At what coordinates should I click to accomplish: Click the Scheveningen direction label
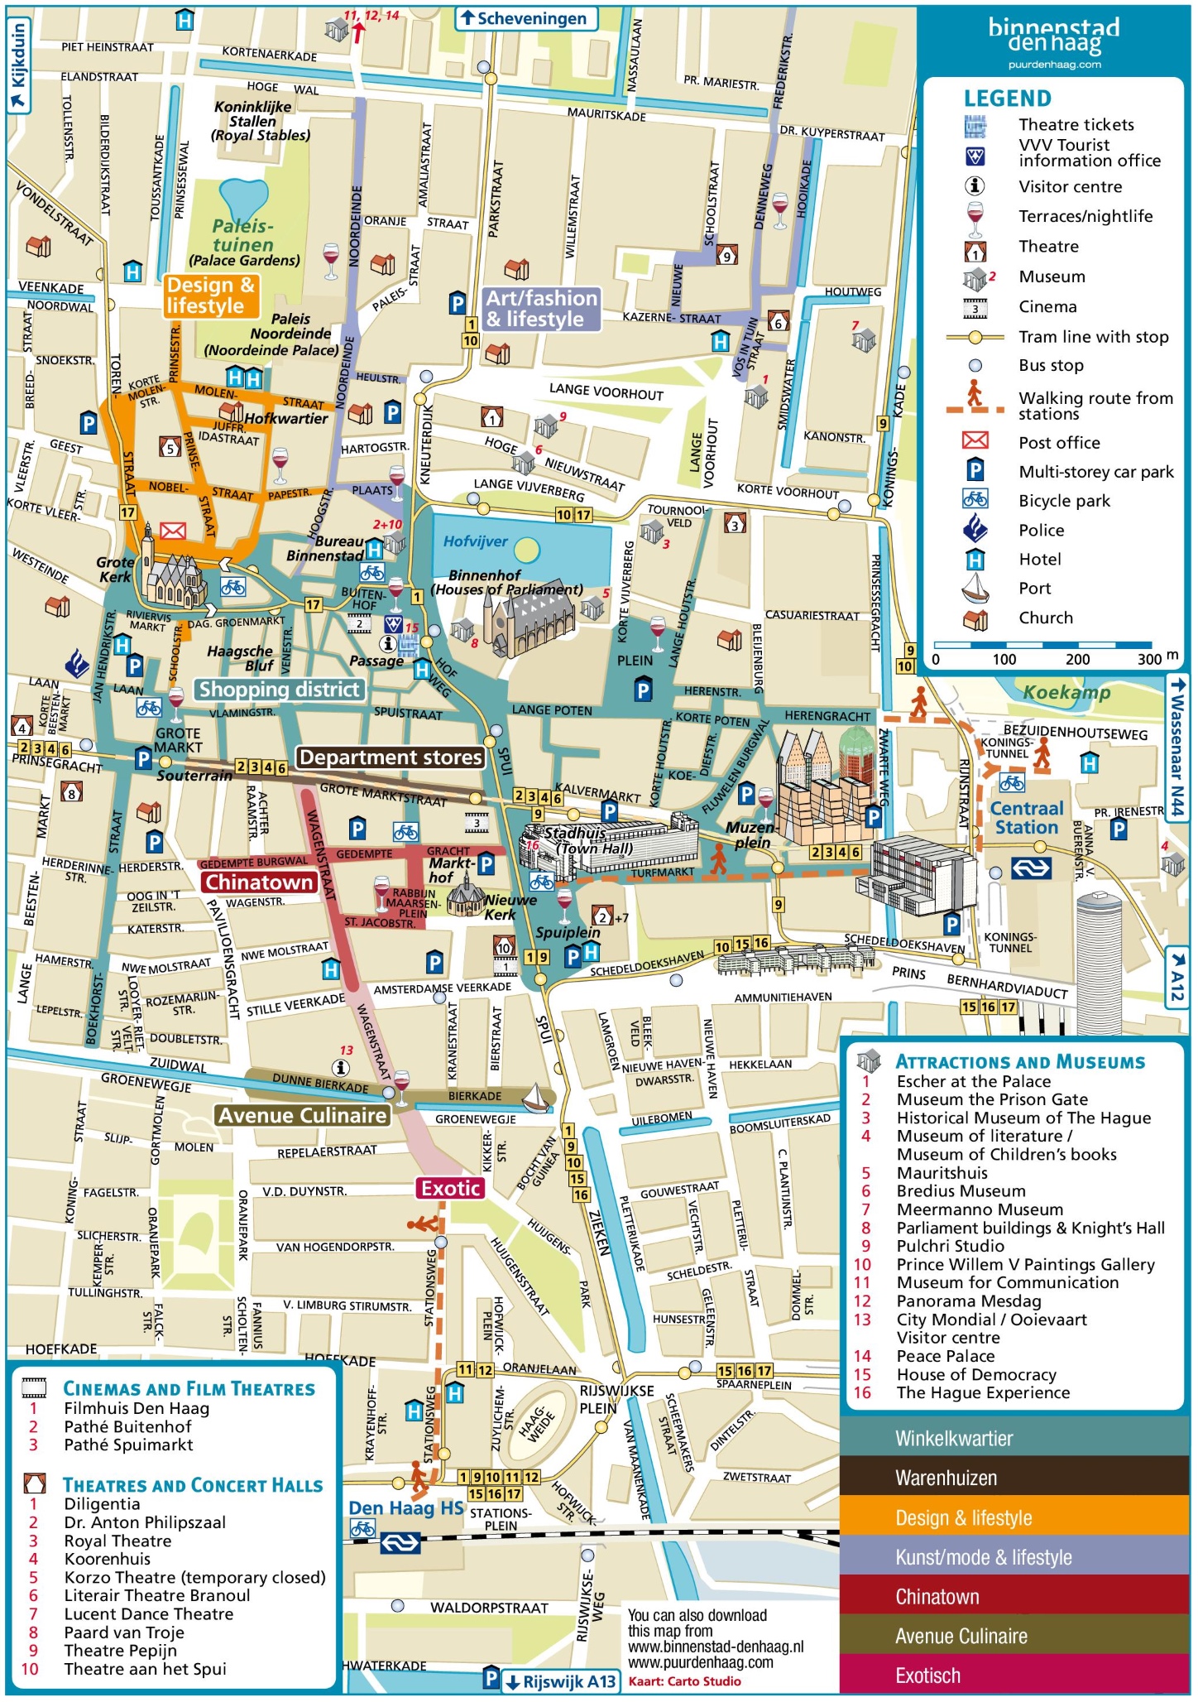point(527,18)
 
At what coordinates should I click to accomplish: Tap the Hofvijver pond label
point(475,541)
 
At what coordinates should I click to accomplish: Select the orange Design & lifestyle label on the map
point(211,296)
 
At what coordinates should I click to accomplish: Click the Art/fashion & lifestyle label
point(541,309)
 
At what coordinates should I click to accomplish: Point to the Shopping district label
point(280,690)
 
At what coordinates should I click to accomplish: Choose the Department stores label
point(391,757)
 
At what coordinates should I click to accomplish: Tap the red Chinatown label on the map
point(259,882)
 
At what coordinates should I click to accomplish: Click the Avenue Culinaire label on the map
point(303,1116)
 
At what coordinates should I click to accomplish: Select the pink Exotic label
point(450,1189)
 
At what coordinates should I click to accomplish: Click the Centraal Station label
point(1026,818)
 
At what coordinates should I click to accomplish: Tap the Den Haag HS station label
point(405,1507)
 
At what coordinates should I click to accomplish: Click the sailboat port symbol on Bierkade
point(536,1098)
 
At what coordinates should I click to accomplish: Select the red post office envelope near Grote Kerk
point(173,531)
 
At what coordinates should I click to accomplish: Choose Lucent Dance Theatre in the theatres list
point(149,1613)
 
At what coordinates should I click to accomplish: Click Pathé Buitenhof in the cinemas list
point(127,1426)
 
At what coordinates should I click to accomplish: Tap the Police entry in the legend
point(1041,531)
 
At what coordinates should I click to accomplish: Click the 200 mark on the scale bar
point(1077,660)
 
